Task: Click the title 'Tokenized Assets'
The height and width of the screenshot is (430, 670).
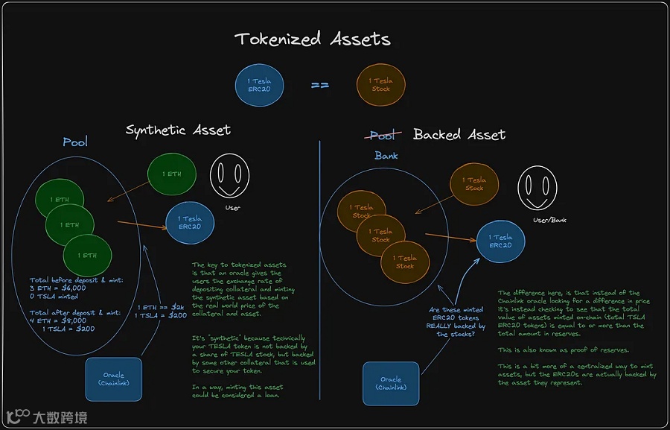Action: point(312,39)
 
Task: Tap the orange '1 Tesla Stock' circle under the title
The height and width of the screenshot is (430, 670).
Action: point(382,84)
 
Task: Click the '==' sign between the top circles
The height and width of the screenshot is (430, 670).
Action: point(320,85)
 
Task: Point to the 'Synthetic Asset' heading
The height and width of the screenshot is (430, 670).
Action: point(178,130)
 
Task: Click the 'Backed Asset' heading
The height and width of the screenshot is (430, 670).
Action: point(459,135)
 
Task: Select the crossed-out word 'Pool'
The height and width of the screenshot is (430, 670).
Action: point(383,135)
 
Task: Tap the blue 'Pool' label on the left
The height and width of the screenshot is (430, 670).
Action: point(75,142)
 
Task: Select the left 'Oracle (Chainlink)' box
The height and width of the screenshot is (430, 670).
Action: point(114,379)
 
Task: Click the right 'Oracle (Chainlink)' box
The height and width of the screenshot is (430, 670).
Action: point(391,383)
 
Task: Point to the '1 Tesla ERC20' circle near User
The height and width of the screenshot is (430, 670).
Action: point(189,223)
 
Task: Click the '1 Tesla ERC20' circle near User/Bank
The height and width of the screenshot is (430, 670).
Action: point(500,241)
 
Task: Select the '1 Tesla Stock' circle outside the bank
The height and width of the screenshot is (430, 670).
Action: point(474,184)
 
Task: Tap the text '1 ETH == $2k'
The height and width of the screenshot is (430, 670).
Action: point(162,307)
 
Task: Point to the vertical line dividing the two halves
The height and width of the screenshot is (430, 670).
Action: point(320,283)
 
